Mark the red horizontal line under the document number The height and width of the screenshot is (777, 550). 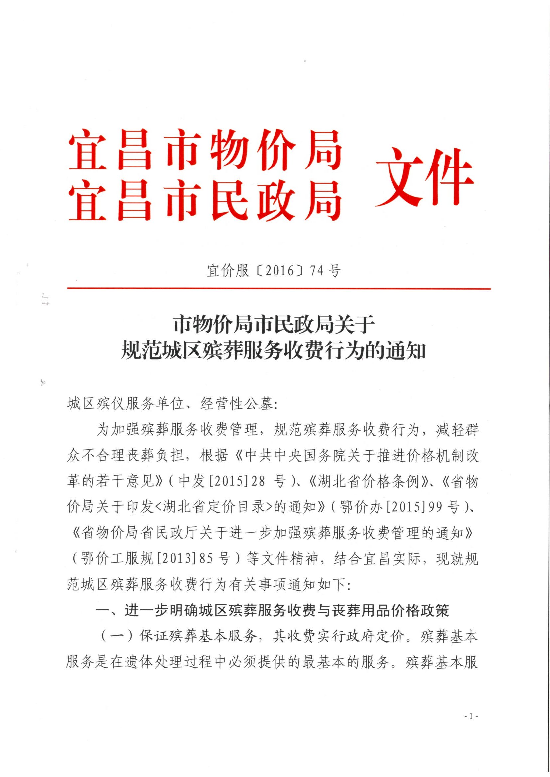pyautogui.click(x=278, y=289)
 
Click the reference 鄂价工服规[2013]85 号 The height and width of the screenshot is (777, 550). pyautogui.click(x=155, y=559)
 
